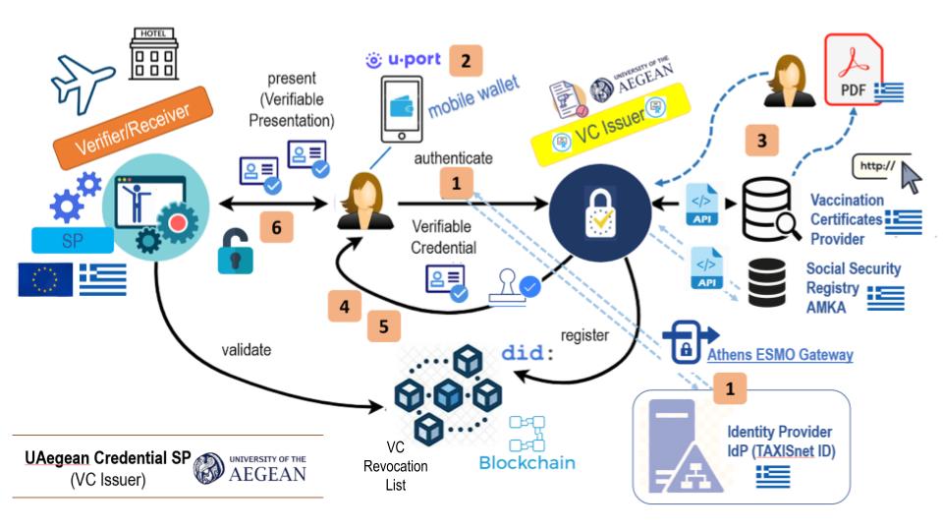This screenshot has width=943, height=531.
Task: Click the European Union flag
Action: (x=44, y=279)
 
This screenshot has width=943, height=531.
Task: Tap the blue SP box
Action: (x=71, y=241)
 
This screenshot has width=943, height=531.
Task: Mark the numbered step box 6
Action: (x=276, y=228)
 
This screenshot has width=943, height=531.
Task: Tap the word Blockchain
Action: (x=527, y=463)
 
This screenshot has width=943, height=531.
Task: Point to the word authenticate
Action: (x=453, y=157)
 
